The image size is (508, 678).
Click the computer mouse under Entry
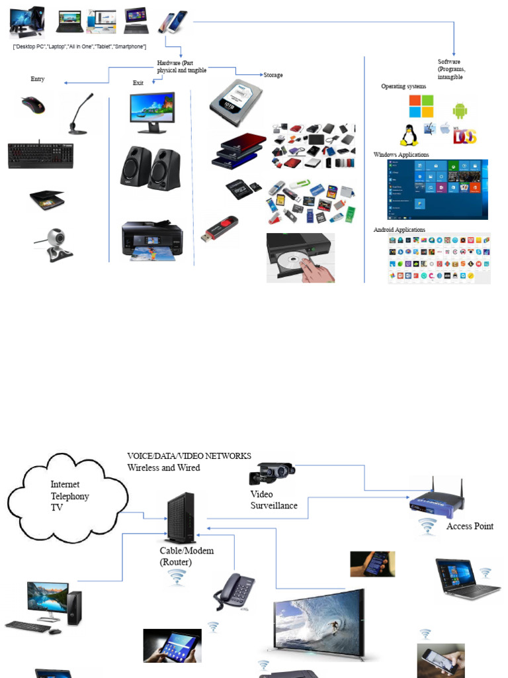tap(32, 105)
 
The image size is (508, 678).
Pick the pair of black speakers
tap(149, 168)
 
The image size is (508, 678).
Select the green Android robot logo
tap(460, 111)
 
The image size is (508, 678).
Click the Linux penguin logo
tap(409, 135)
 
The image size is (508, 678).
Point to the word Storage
tap(273, 75)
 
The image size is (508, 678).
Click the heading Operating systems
tap(403, 87)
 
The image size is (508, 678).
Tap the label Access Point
tap(470, 526)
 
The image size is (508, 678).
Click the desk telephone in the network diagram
tap(233, 591)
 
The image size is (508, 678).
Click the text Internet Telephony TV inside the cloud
tap(69, 496)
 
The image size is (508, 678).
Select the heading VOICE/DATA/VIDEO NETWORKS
tap(189, 456)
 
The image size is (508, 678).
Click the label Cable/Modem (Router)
tap(187, 556)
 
